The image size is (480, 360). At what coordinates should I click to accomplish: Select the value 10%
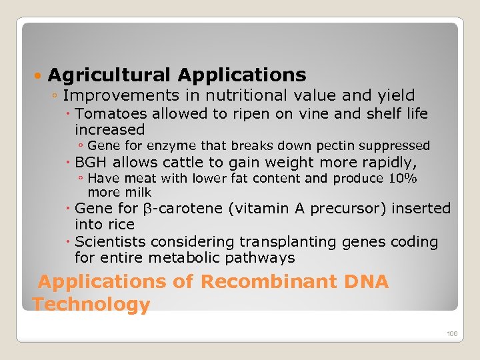402,178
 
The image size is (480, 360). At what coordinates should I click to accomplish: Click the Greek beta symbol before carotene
149,209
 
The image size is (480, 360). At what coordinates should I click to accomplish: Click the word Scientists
109,241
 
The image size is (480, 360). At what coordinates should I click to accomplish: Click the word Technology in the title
91,305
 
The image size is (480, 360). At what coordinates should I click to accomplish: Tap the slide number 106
452,333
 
